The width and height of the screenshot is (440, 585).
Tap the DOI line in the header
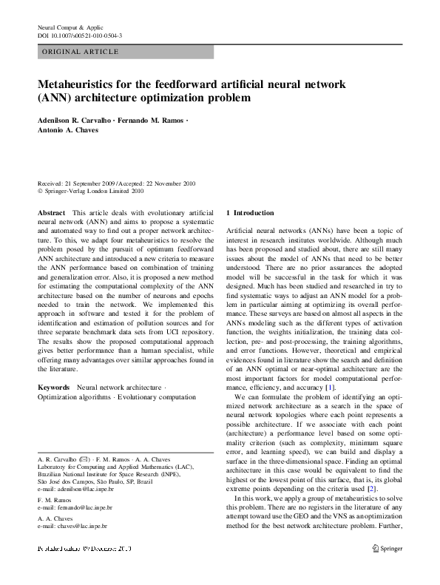79,35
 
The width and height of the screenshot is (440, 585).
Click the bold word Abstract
51,213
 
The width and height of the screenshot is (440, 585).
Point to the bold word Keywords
54,387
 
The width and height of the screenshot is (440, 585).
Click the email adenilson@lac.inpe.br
76,490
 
